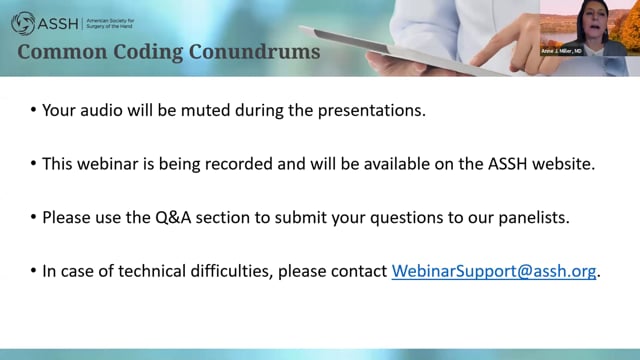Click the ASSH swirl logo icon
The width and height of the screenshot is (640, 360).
click(x=23, y=23)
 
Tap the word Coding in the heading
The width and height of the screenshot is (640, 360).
click(x=148, y=52)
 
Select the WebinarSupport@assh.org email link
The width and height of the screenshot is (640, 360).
click(x=494, y=271)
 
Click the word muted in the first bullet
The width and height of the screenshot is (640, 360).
click(x=206, y=110)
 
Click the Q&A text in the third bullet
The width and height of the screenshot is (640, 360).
click(x=173, y=218)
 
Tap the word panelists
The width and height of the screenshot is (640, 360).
click(x=534, y=218)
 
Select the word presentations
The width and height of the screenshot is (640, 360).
click(x=372, y=111)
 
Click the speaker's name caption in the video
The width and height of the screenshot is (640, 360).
click(x=562, y=51)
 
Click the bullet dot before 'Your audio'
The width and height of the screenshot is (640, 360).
click(x=33, y=110)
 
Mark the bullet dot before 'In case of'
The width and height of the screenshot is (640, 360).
click(x=33, y=271)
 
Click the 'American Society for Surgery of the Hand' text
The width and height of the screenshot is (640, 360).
click(x=110, y=23)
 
